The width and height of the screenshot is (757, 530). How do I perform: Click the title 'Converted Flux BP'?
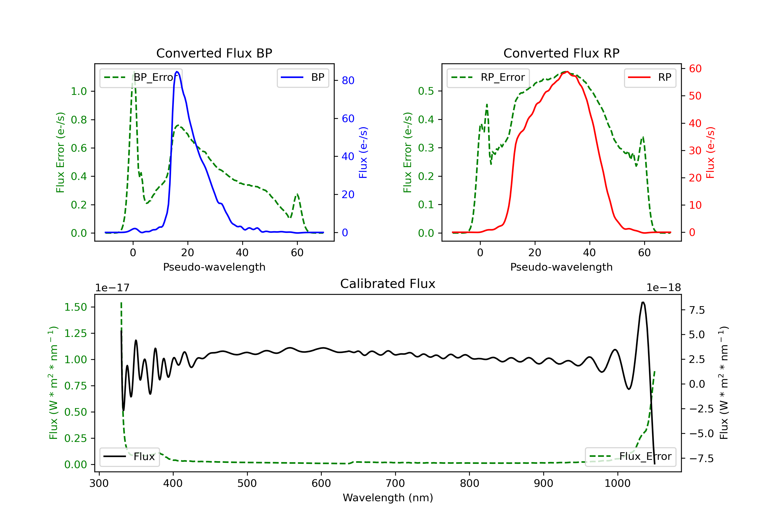click(214, 53)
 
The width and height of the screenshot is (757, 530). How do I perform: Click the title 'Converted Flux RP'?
click(561, 53)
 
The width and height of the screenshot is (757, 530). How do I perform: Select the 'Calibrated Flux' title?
click(388, 284)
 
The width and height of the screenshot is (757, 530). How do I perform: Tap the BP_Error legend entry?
click(141, 77)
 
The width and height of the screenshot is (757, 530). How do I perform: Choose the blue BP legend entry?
click(303, 77)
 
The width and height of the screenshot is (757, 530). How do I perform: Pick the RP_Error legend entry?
click(488, 77)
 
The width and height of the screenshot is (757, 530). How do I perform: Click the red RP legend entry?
click(650, 77)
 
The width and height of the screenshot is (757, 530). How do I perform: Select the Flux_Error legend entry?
click(630, 457)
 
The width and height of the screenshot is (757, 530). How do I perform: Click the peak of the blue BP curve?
click(177, 72)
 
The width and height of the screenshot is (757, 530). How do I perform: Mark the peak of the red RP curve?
click(567, 72)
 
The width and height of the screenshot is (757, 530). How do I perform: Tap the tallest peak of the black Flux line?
click(643, 302)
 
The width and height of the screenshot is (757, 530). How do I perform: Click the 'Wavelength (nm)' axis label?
click(388, 498)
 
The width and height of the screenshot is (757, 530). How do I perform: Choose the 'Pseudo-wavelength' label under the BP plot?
click(214, 267)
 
